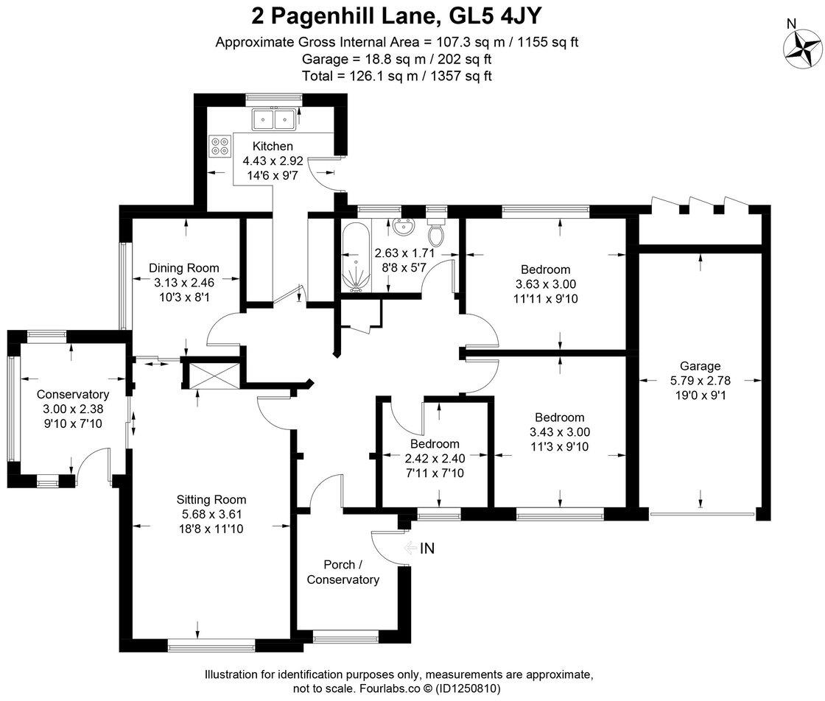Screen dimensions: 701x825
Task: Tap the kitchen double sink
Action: click(273, 118)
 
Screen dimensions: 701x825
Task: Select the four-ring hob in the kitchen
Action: click(219, 146)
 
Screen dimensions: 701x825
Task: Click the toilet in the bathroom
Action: click(436, 233)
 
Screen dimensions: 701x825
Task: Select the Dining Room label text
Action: click(183, 268)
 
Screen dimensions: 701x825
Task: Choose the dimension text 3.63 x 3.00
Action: click(545, 284)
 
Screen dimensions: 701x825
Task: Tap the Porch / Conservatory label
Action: click(343, 572)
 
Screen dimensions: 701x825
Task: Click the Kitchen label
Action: click(273, 146)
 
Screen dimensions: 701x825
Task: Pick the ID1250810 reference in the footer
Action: click(466, 688)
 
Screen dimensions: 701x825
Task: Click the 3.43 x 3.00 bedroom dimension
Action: click(559, 432)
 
